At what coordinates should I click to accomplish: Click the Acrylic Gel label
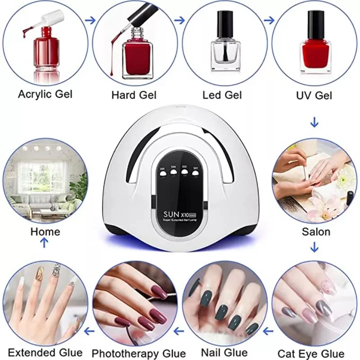45,94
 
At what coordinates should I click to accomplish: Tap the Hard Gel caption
134,95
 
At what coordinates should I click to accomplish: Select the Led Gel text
222,95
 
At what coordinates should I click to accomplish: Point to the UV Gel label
314,95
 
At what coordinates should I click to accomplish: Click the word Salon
315,232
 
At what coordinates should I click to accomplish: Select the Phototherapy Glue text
139,353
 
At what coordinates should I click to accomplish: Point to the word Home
45,232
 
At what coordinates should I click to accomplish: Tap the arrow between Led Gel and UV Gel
269,20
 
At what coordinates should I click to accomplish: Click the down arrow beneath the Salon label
315,247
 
